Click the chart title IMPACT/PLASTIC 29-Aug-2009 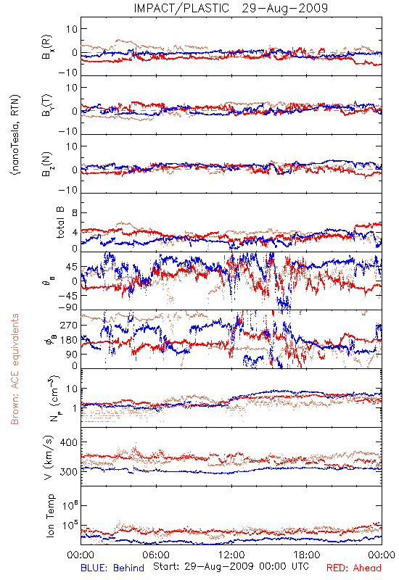point(231,8)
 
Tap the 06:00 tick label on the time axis point(156,555)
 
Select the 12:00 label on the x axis point(231,555)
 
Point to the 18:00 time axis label point(307,555)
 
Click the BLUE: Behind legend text point(112,568)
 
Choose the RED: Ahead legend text point(354,568)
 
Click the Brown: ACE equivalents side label point(15,369)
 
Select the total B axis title point(60,223)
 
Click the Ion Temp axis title point(50,515)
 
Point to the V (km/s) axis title point(49,457)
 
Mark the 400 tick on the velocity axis point(69,442)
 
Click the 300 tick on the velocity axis point(69,472)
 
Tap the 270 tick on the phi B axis point(69,325)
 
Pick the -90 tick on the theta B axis point(68,307)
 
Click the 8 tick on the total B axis point(75,213)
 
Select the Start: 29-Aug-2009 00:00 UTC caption point(231,566)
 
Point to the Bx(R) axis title point(47,47)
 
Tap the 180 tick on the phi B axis point(69,340)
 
